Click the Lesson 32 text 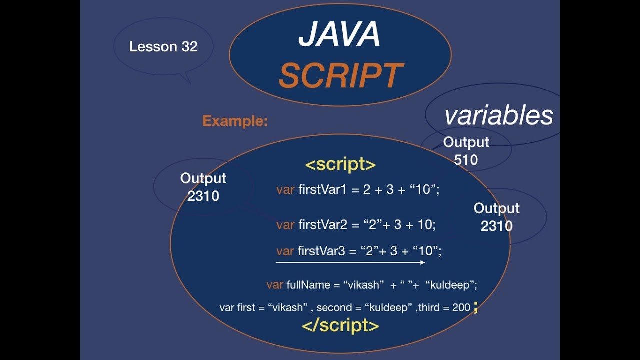click(163, 47)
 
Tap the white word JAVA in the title click(339, 35)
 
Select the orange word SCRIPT click(340, 75)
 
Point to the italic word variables click(498, 116)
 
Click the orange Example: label click(235, 121)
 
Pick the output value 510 click(466, 160)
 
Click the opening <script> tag click(340, 165)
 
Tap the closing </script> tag click(340, 326)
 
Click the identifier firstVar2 click(322, 225)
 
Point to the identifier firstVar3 click(322, 251)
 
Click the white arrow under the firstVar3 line click(350, 262)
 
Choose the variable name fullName click(308, 285)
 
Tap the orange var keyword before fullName click(275, 285)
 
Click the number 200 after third click(461, 308)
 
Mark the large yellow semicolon click(476, 308)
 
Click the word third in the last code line click(429, 308)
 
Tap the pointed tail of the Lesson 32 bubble click(188, 80)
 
